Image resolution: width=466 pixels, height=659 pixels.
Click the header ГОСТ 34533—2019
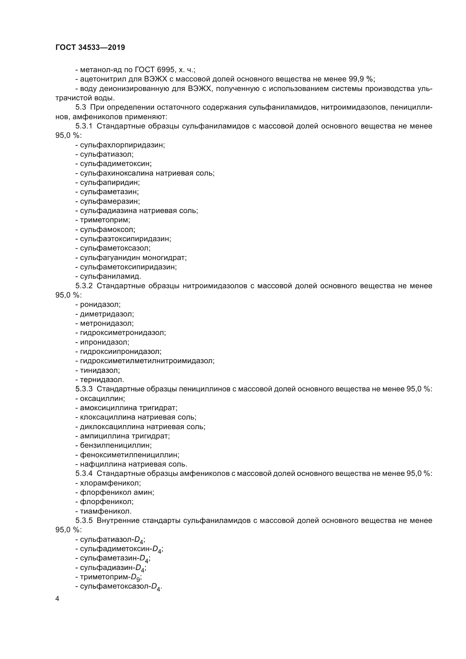pyautogui.click(x=90, y=47)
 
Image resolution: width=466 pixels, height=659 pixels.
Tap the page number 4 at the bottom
pyautogui.click(x=57, y=599)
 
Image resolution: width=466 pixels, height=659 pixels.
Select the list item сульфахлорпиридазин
pyautogui.click(x=122, y=145)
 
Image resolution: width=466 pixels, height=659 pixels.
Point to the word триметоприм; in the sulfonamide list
pyautogui.click(x=105, y=220)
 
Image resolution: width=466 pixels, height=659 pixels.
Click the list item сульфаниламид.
pyautogui.click(x=110, y=276)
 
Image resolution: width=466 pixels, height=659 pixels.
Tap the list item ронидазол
pyautogui.click(x=100, y=304)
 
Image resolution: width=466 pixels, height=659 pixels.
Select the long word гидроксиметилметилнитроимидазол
pyautogui.click(x=147, y=361)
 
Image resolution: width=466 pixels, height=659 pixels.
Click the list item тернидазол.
pyautogui.click(x=102, y=380)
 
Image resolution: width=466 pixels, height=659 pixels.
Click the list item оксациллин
pyautogui.click(x=103, y=398)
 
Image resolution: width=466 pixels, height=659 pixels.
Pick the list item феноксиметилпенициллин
pyautogui.click(x=129, y=455)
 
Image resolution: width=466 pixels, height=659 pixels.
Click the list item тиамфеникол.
pyautogui.click(x=106, y=511)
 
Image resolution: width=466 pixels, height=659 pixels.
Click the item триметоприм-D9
pyautogui.click(x=110, y=577)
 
